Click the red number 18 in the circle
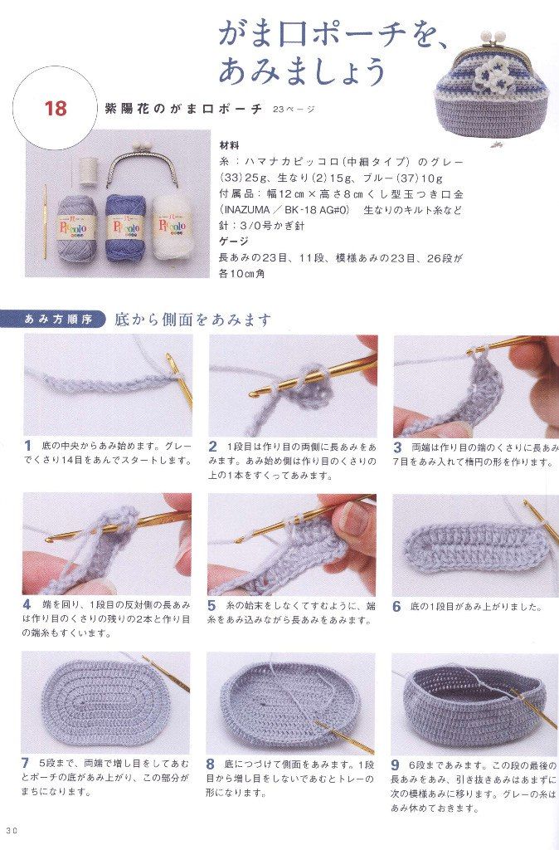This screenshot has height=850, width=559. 56,108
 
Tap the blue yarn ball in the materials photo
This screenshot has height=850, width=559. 123,227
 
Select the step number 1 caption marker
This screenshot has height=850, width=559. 27,447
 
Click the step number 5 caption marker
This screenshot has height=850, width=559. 211,605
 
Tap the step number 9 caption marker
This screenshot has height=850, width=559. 396,765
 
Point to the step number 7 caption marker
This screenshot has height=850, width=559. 26,764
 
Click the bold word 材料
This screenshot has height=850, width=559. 229,146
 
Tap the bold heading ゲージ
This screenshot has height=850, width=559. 233,242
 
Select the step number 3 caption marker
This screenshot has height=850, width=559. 397,447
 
